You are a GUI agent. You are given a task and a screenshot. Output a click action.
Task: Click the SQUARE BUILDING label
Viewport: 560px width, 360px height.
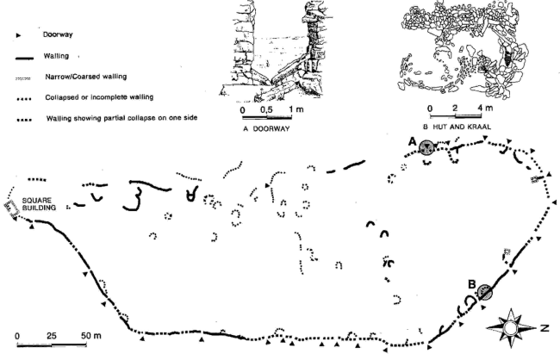39,204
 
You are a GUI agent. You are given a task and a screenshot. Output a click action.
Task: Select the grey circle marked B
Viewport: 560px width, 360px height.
485,292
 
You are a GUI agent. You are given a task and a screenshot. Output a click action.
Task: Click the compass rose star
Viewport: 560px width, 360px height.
510,328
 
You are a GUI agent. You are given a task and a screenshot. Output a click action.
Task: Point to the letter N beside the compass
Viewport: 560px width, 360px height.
544,327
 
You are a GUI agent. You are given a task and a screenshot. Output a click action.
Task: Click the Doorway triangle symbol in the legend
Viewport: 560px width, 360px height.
19,35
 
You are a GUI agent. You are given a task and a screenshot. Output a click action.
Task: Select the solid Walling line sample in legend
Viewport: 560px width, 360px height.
25,58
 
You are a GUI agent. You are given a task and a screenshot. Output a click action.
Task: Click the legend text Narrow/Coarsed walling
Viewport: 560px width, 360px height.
85,77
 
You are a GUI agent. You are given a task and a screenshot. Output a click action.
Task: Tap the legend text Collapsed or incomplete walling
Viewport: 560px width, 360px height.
99,97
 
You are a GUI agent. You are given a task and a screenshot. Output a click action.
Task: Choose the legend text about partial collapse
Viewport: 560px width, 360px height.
121,118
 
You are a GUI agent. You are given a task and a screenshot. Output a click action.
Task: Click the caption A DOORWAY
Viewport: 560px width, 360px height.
266,128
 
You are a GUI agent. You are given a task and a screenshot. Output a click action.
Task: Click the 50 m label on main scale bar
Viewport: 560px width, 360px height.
91,336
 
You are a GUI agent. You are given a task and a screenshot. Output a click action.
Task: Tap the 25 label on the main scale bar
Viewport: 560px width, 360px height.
52,336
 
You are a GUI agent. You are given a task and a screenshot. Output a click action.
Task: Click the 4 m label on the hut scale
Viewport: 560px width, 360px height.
484,108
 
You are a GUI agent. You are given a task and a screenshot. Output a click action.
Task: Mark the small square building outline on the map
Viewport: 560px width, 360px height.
11,208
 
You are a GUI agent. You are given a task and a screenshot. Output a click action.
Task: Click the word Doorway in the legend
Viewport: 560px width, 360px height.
58,34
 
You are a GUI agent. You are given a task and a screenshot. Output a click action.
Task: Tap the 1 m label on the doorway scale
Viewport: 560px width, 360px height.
296,109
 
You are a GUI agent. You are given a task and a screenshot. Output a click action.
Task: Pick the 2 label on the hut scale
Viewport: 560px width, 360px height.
455,108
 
